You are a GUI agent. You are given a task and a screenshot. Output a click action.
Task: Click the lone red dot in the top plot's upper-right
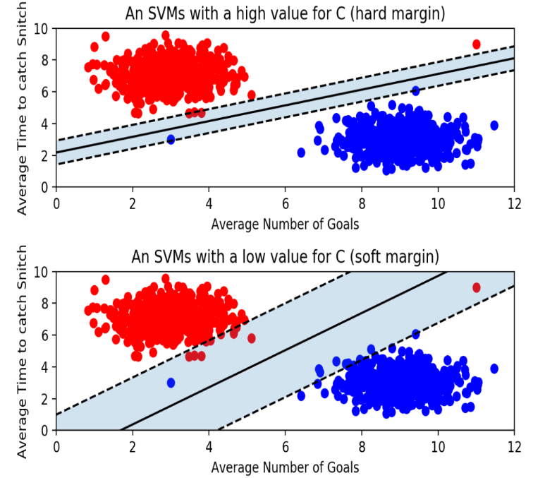click(x=476, y=44)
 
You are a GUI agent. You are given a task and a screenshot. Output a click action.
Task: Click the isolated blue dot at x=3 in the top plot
click(x=171, y=139)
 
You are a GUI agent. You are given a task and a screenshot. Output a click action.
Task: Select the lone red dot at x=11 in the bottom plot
click(x=476, y=287)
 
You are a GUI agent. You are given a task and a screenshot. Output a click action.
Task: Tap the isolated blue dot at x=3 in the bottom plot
click(x=171, y=383)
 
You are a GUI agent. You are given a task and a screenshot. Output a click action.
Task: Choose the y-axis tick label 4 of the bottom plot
click(x=46, y=367)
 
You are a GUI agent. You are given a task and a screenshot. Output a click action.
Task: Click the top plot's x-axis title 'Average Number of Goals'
click(x=285, y=225)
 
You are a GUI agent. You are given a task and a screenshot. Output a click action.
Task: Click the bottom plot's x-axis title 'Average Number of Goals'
click(x=285, y=467)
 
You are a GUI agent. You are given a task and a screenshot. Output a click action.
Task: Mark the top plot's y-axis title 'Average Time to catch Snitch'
click(x=23, y=107)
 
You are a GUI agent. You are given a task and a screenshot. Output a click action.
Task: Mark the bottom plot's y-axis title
click(x=23, y=351)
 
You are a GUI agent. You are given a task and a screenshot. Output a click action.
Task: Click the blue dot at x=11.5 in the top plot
click(x=494, y=125)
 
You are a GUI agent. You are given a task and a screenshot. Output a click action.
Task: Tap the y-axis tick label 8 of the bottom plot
click(x=46, y=304)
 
